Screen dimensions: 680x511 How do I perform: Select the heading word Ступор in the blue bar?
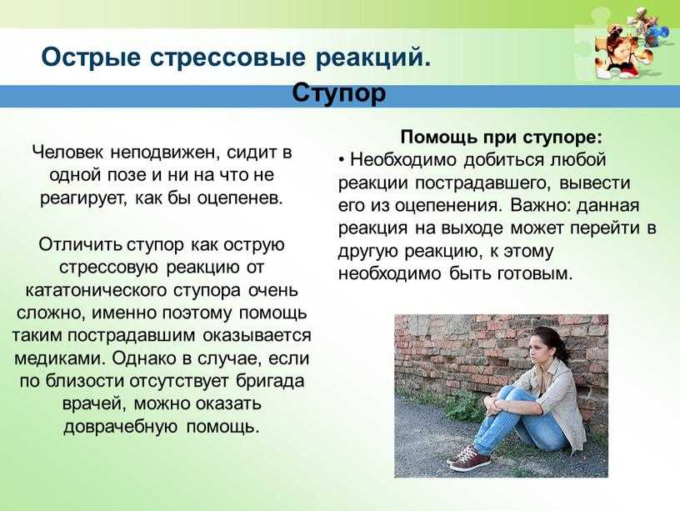point(338,93)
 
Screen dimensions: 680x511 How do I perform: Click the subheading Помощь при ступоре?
point(502,138)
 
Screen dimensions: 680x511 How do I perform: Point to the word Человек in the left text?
point(68,153)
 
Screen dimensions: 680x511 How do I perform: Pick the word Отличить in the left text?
point(80,244)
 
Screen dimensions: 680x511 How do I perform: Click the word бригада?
point(270,382)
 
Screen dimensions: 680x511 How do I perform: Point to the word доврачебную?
point(121,428)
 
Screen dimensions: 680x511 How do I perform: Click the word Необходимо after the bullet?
point(403,159)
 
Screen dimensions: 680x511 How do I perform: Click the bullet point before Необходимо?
point(342,160)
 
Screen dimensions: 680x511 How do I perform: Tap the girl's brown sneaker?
point(470,458)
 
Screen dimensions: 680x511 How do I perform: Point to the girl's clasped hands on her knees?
point(494,403)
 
